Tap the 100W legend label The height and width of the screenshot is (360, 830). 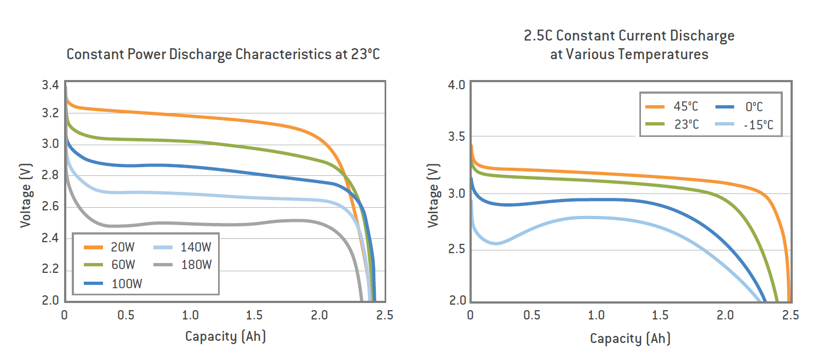[126, 283]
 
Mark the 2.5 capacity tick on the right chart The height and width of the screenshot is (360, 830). [789, 316]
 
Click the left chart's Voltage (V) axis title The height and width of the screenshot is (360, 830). [26, 195]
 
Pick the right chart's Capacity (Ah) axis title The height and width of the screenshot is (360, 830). [630, 339]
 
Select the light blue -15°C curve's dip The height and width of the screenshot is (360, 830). [496, 243]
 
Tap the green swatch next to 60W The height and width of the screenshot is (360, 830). [95, 265]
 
